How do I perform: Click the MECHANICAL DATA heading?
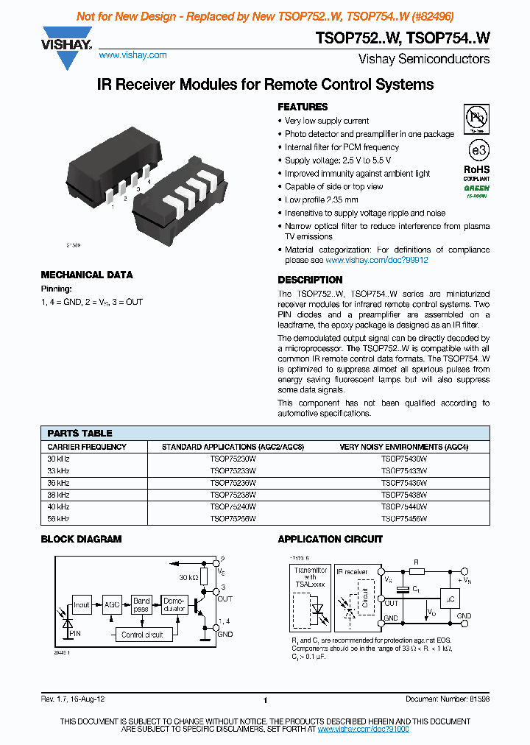87,275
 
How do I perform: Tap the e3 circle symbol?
478,149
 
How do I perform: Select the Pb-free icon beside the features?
478,117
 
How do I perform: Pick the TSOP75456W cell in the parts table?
403,518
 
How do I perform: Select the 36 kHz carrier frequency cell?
58,483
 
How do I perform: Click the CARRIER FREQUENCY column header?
87,447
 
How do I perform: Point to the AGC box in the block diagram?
112,604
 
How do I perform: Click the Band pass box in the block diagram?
141,604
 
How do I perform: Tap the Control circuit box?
142,634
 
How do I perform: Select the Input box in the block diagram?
81,604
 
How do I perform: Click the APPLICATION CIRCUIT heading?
330,539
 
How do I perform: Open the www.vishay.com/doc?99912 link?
376,260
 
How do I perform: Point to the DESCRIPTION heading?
310,280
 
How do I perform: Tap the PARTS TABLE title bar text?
79,433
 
